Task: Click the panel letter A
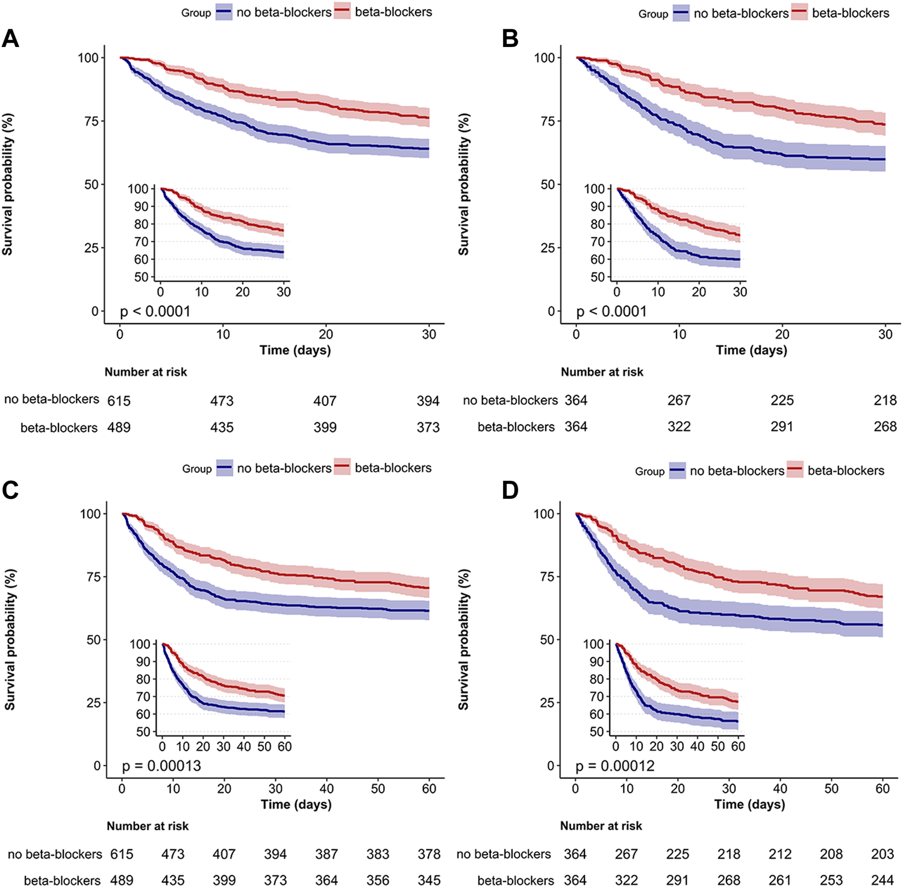coord(10,39)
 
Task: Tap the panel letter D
coord(510,491)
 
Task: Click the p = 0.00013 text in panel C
coord(161,766)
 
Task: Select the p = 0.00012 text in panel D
coord(614,766)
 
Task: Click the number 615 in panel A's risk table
coord(119,401)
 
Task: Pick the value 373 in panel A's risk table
coord(428,427)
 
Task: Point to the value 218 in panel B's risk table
coord(885,400)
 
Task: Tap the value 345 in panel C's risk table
coord(429,880)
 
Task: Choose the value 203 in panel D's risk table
coord(883,854)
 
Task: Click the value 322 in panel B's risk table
coord(679,427)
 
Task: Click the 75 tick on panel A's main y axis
coord(91,121)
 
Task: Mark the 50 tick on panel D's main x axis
coord(831,788)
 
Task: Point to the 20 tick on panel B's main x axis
coord(782,334)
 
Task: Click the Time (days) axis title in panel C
coord(296,804)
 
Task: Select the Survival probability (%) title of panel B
coord(463,184)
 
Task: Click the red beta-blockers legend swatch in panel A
coord(342,11)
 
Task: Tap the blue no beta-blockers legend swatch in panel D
coord(677,471)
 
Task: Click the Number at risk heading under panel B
coord(602,372)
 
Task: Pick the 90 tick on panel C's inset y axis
coord(143,662)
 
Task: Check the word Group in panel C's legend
coord(197,469)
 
